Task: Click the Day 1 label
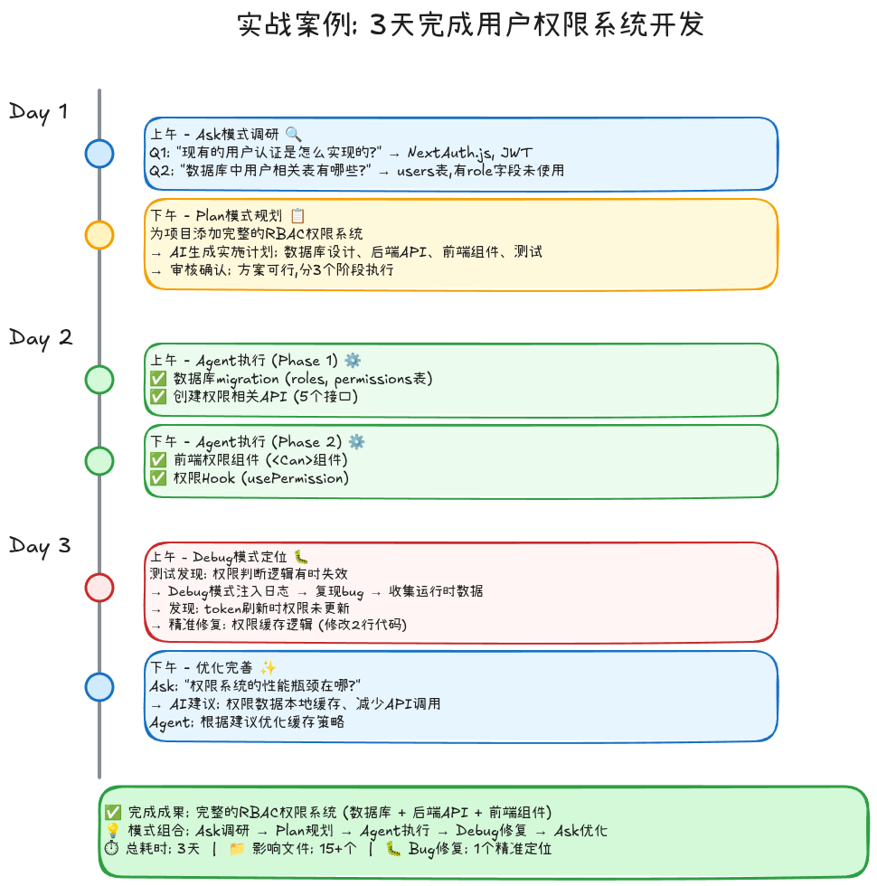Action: point(38,112)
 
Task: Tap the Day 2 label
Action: point(40,338)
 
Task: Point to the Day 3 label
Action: point(40,546)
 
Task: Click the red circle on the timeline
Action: point(99,588)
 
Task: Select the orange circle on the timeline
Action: point(99,235)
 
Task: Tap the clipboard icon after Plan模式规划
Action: point(297,216)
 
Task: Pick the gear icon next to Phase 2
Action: point(356,442)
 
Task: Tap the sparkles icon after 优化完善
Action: point(268,668)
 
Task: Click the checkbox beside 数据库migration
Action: point(158,379)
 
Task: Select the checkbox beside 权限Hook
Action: point(158,478)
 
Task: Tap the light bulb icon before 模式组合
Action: point(113,831)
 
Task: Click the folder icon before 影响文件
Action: point(237,849)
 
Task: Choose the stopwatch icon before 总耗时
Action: point(113,849)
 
